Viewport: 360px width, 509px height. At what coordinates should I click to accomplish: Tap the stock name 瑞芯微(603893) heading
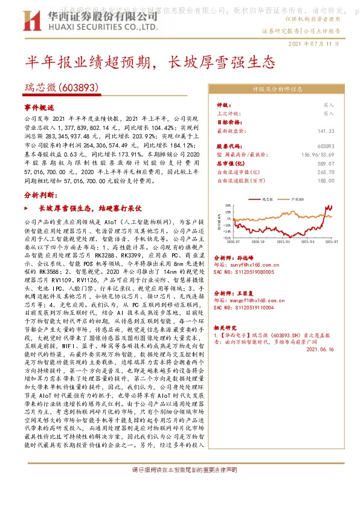coord(62,88)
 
